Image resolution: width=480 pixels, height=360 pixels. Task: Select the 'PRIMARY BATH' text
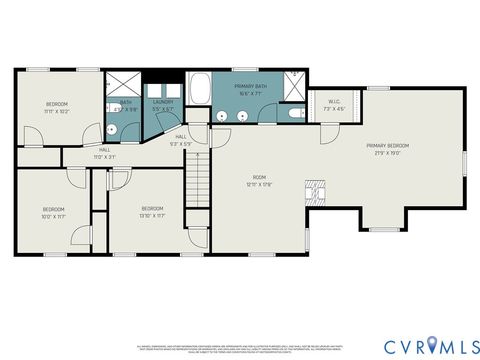point(249,87)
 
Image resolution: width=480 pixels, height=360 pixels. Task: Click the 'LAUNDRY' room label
point(163,102)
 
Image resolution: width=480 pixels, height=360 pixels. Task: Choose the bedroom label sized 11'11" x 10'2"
point(56,106)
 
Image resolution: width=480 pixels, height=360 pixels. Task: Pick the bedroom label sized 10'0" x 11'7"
point(53,211)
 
